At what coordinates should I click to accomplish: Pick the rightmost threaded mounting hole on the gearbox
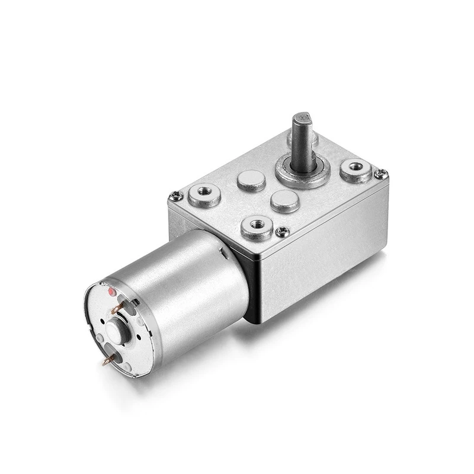click(x=357, y=169)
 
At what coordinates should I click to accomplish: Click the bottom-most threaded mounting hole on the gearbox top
click(x=256, y=225)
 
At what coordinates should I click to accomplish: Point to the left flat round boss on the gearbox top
click(x=251, y=180)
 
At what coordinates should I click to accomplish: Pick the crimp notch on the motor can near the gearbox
click(x=223, y=254)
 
